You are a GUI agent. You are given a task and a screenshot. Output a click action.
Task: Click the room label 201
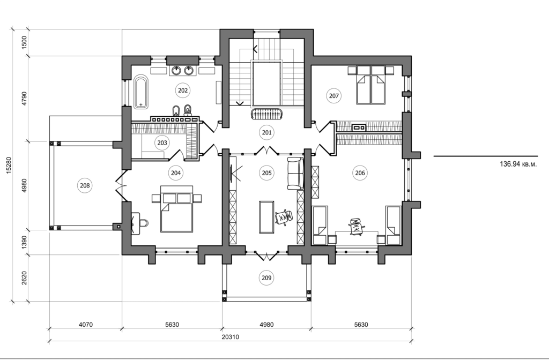pyautogui.click(x=267, y=132)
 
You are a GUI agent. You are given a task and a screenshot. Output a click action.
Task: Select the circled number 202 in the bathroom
pyautogui.click(x=183, y=91)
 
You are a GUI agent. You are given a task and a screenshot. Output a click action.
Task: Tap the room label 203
pyautogui.click(x=162, y=142)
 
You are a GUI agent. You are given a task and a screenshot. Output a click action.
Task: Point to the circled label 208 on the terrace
pyautogui.click(x=85, y=185)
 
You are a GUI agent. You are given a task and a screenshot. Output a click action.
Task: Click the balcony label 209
pyautogui.click(x=267, y=277)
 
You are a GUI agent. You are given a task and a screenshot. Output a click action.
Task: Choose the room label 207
pyautogui.click(x=333, y=96)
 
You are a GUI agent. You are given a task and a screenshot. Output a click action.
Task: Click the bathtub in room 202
pyautogui.click(x=140, y=92)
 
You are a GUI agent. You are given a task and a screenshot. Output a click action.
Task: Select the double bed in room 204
pyautogui.click(x=177, y=212)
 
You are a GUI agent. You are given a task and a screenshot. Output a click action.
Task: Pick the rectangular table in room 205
pyautogui.click(x=266, y=216)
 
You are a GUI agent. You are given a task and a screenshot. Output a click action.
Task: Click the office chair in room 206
pyautogui.click(x=355, y=226)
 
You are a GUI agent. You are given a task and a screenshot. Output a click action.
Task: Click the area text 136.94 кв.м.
pyautogui.click(x=517, y=164)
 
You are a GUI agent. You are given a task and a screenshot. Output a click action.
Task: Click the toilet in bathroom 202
pyautogui.click(x=188, y=110)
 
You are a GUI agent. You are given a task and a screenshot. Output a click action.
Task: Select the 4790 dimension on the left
pyautogui.click(x=24, y=99)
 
